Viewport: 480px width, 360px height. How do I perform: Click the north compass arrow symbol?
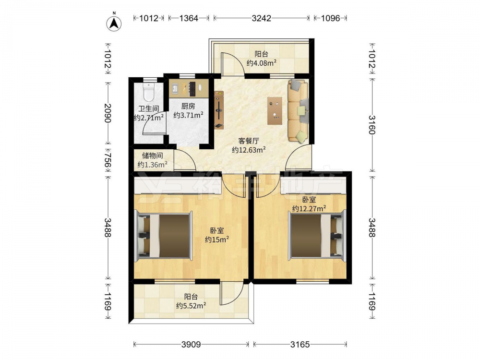tap(114, 23)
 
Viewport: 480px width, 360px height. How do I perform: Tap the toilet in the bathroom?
tap(148, 92)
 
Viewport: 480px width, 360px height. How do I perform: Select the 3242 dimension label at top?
tap(261, 18)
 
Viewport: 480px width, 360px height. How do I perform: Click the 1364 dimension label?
tap(189, 18)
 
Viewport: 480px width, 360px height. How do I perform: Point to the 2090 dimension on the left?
tap(108, 113)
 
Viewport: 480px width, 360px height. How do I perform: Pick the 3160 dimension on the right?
tap(372, 125)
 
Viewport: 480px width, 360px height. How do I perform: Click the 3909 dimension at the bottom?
tap(191, 344)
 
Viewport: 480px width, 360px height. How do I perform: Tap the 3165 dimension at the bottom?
tap(300, 344)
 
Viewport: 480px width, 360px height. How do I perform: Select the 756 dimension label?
tap(108, 160)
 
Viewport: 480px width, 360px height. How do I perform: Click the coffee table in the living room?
tap(275, 110)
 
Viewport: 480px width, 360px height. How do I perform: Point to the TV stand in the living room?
tap(219, 109)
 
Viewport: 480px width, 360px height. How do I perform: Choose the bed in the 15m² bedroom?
tap(164, 235)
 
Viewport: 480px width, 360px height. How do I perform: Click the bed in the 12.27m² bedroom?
tap(317, 234)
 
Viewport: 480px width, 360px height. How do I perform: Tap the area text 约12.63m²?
tap(249, 150)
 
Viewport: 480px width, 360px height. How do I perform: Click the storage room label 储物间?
tap(152, 156)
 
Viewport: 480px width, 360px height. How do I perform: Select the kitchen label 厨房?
tap(188, 106)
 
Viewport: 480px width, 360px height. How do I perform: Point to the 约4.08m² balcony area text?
tap(262, 63)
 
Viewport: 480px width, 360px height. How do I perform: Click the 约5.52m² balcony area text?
tap(191, 305)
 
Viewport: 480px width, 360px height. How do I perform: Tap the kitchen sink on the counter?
tap(175, 88)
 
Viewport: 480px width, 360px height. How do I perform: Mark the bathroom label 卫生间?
tap(148, 108)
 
